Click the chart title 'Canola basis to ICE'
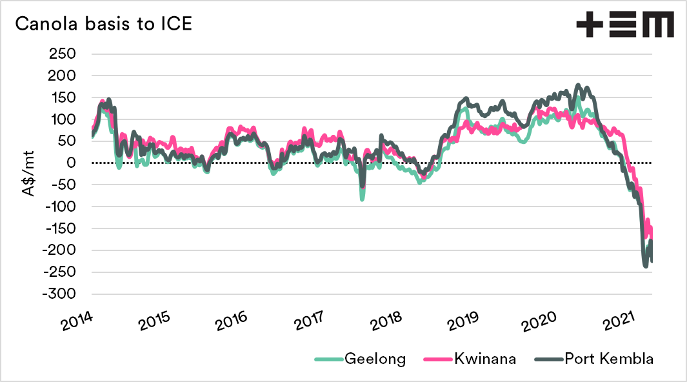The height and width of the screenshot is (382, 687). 103,24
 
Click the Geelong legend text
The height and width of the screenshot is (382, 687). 375,359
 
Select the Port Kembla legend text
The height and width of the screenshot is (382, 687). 610,359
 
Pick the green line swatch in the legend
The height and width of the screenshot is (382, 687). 328,359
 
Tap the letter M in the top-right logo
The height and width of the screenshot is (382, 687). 659,25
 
